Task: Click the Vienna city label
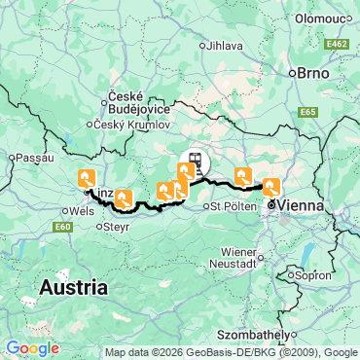(302, 206)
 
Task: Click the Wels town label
(81, 209)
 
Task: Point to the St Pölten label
(233, 206)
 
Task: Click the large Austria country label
(73, 288)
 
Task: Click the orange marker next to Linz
(87, 178)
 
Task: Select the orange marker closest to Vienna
(271, 187)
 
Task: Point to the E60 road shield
(64, 227)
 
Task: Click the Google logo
(32, 347)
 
